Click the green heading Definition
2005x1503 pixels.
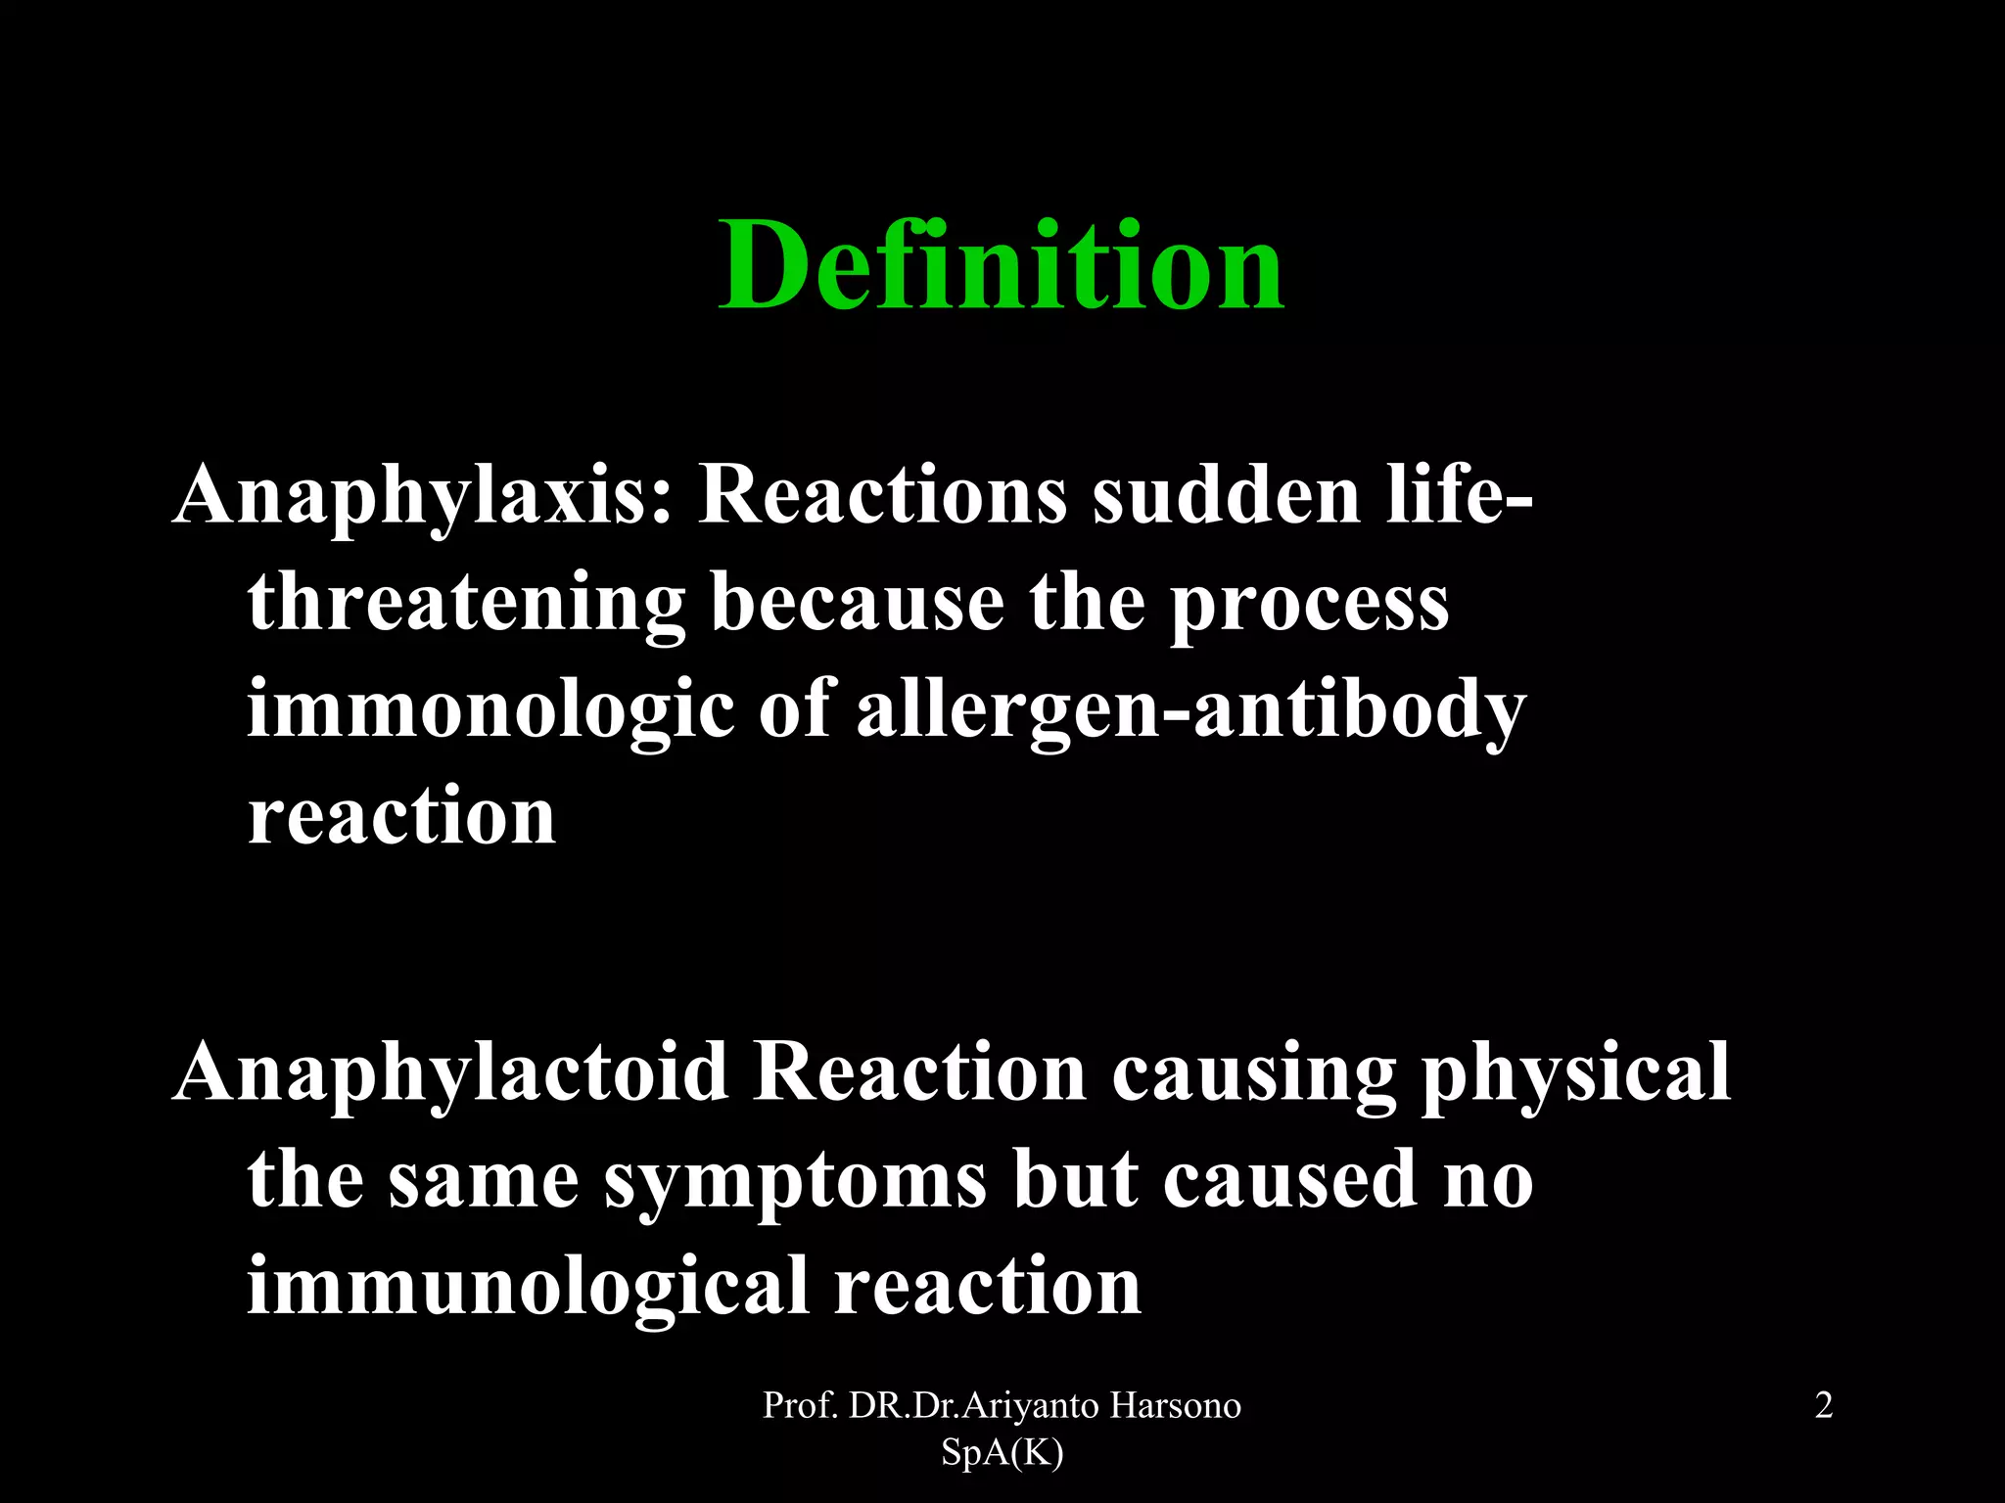point(1001,266)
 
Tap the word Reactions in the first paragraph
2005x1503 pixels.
point(881,494)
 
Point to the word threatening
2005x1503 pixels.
point(466,604)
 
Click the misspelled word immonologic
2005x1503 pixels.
point(490,711)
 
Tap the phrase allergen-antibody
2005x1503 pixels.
point(1190,711)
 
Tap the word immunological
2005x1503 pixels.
point(528,1287)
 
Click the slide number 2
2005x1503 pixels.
point(1823,1406)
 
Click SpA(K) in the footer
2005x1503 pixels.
point(1002,1454)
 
